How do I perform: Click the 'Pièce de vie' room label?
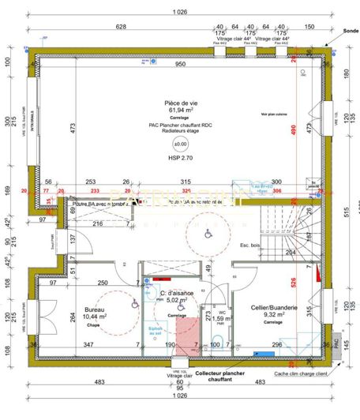(180, 103)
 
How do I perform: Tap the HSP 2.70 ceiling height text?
(180, 159)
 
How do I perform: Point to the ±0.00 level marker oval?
(180, 145)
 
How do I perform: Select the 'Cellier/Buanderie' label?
(275, 307)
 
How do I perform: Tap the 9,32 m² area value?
(275, 315)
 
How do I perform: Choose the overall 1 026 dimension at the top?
(178, 13)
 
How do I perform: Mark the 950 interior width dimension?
(180, 64)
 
